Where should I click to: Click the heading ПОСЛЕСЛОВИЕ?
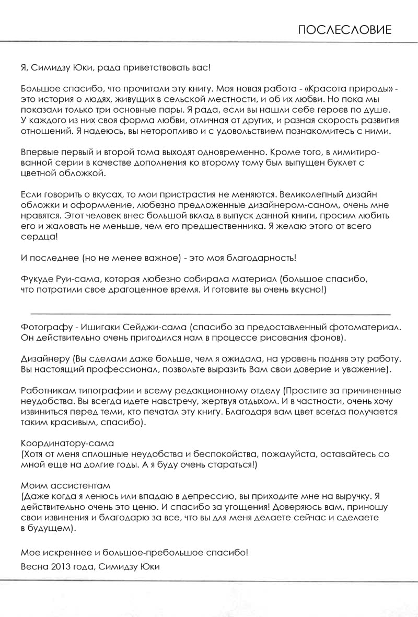(344, 30)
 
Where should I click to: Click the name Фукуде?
(38, 280)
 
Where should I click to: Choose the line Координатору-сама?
(67, 444)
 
